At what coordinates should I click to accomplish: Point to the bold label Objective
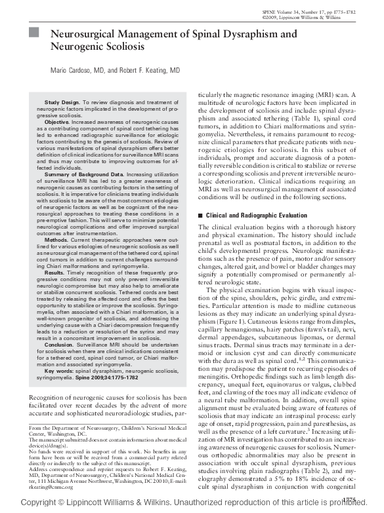pos(57,123)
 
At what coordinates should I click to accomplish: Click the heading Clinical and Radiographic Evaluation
pos(252,215)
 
